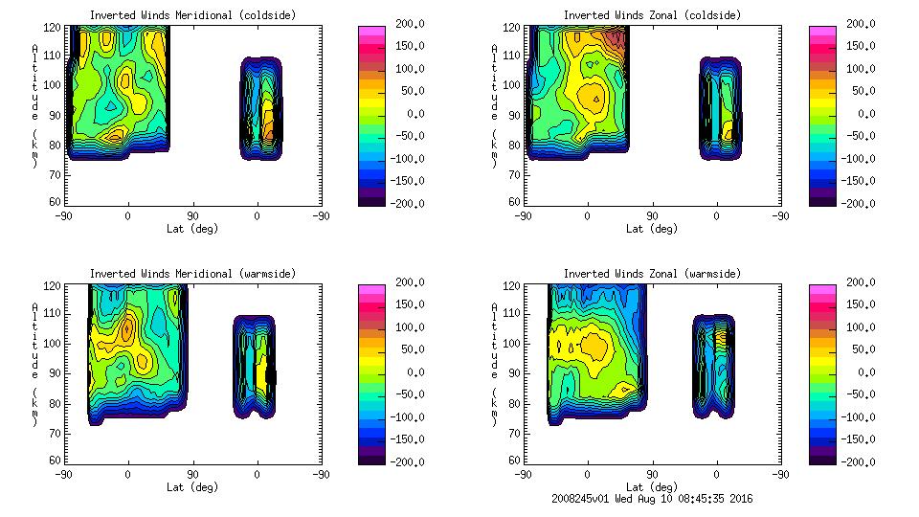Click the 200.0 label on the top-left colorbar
[x=411, y=24]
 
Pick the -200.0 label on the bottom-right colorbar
[x=861, y=462]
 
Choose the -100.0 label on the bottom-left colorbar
[x=411, y=417]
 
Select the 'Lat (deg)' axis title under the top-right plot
[x=648, y=229]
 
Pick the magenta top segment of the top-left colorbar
[x=371, y=32]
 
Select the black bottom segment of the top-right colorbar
[x=822, y=198]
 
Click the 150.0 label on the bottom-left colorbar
[x=411, y=304]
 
